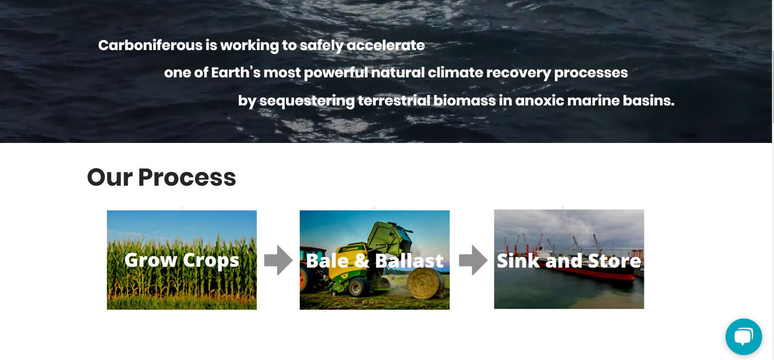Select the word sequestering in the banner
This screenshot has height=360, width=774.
pyautogui.click(x=307, y=101)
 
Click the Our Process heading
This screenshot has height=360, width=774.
pyautogui.click(x=161, y=178)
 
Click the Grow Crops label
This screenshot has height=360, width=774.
pyautogui.click(x=182, y=260)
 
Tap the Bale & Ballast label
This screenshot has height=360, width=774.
pyautogui.click(x=374, y=261)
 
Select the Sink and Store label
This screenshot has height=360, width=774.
pyautogui.click(x=569, y=261)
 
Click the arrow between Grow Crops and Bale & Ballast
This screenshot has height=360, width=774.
pyautogui.click(x=278, y=260)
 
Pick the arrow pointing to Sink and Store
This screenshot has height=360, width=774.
pyautogui.click(x=473, y=260)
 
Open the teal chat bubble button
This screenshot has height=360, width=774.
pyautogui.click(x=743, y=337)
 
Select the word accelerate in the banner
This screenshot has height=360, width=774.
pyautogui.click(x=385, y=45)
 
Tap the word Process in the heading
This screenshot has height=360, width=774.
pyautogui.click(x=187, y=178)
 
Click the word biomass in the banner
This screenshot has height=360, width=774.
pyautogui.click(x=464, y=100)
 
